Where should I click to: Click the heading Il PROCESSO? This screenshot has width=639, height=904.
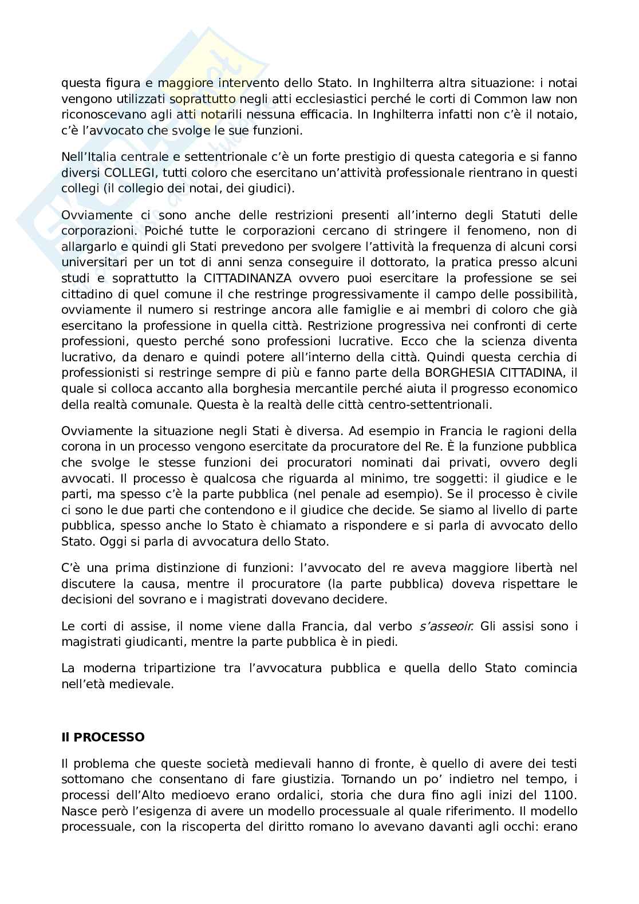point(103,737)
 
